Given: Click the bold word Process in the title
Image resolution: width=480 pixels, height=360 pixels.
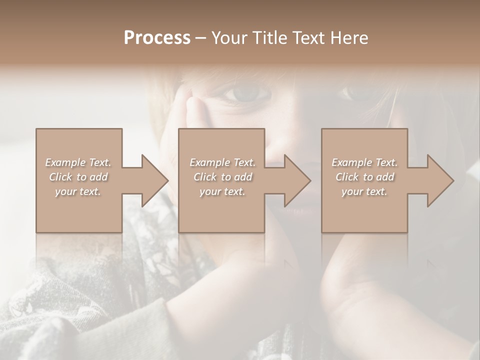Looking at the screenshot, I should coord(157,38).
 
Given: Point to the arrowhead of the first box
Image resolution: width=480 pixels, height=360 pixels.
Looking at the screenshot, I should coord(155,180).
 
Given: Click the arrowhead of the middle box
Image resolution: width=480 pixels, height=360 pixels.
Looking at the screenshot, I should coord(297,180).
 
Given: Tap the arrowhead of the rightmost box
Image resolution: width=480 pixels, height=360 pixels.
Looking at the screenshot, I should coord(440,180).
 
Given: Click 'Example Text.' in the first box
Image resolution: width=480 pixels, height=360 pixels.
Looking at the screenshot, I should coord(78,162).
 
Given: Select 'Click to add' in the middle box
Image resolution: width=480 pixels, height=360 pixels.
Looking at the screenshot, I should coord(222,177).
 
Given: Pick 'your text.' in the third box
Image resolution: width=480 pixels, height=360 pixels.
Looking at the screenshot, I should coord(364,191).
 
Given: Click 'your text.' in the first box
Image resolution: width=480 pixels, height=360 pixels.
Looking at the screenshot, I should coord(78,191).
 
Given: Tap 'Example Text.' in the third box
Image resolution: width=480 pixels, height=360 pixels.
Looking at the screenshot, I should coord(364,162).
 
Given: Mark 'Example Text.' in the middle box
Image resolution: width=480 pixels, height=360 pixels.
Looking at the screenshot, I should coord(222,162).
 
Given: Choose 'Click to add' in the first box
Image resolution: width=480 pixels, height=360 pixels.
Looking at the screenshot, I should coord(78,177).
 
